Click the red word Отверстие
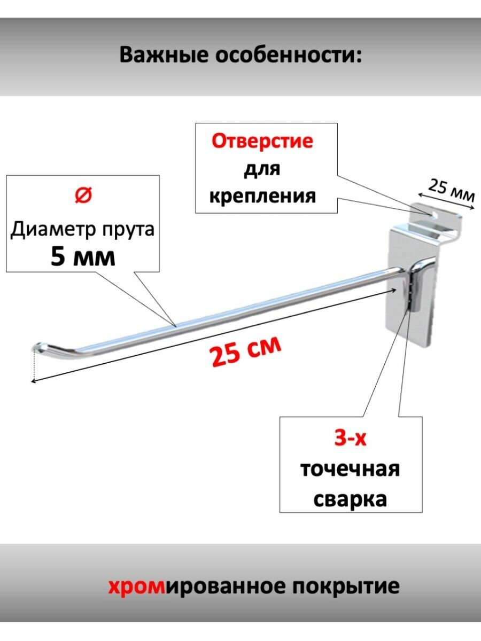pyautogui.click(x=262, y=142)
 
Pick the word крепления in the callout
pyautogui.click(x=262, y=196)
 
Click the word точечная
pyautogui.click(x=350, y=470)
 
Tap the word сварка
pyautogui.click(x=350, y=499)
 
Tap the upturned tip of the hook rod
pyautogui.click(x=38, y=346)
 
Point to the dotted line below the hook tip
pyautogui.click(x=33, y=365)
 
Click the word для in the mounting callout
pyautogui.click(x=262, y=169)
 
